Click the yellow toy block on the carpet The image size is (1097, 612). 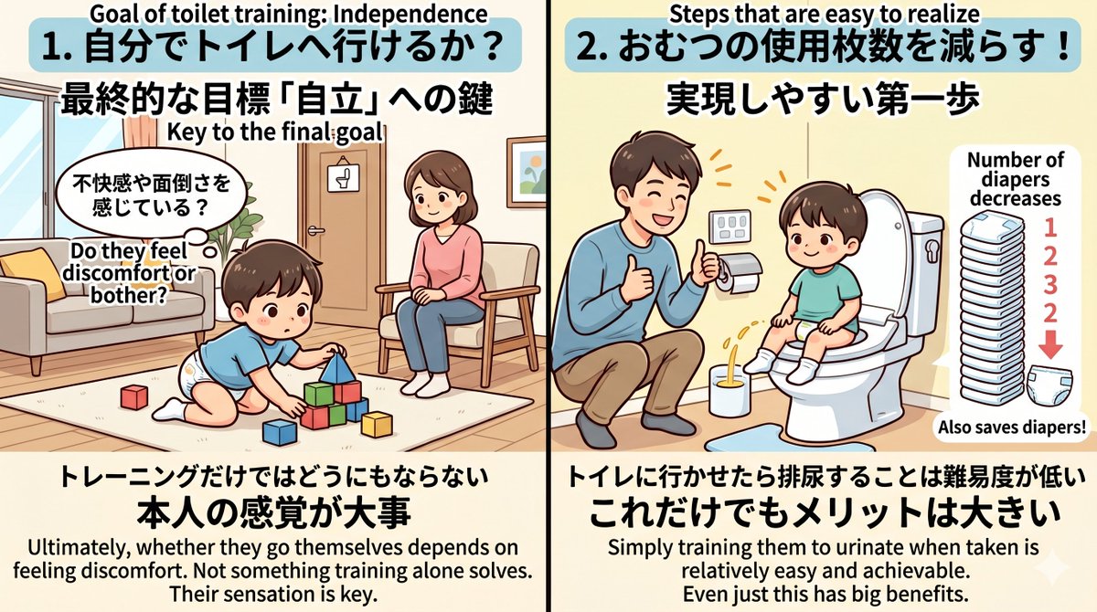(376, 423)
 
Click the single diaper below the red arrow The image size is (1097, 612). (1051, 388)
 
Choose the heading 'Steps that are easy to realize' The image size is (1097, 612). (822, 13)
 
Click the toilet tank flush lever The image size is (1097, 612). (931, 248)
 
